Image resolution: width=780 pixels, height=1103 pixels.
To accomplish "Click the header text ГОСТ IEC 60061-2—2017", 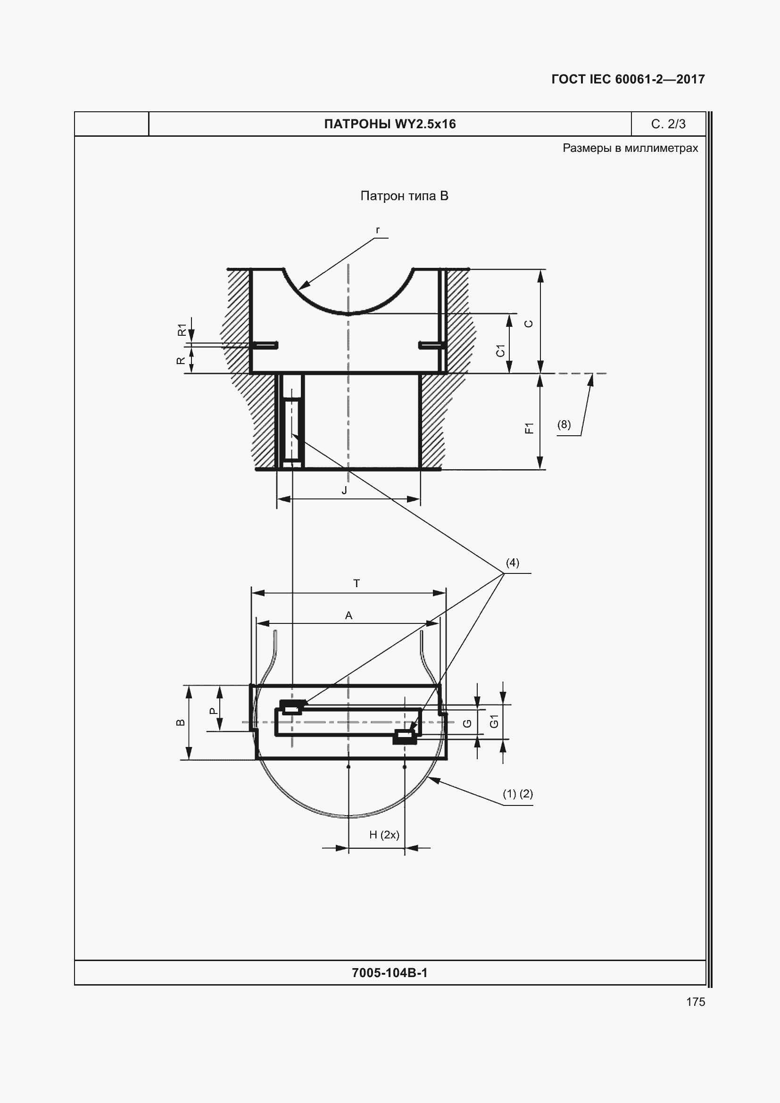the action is (x=628, y=79).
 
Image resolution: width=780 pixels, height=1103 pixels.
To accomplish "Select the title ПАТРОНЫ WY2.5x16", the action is (x=390, y=124).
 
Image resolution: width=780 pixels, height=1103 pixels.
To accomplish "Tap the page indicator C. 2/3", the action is (x=668, y=124).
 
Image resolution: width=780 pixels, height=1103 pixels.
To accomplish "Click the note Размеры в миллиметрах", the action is (x=630, y=148).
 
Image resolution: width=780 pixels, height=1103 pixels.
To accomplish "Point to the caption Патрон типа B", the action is (x=404, y=196).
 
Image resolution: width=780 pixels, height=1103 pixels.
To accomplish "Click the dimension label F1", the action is (x=529, y=428).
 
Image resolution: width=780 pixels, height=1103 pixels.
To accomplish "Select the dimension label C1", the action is (x=500, y=350).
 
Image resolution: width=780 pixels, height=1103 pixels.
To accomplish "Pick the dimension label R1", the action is (x=182, y=330).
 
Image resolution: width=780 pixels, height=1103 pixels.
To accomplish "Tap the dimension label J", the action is (x=344, y=490).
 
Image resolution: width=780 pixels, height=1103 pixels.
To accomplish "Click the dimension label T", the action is (x=357, y=583).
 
